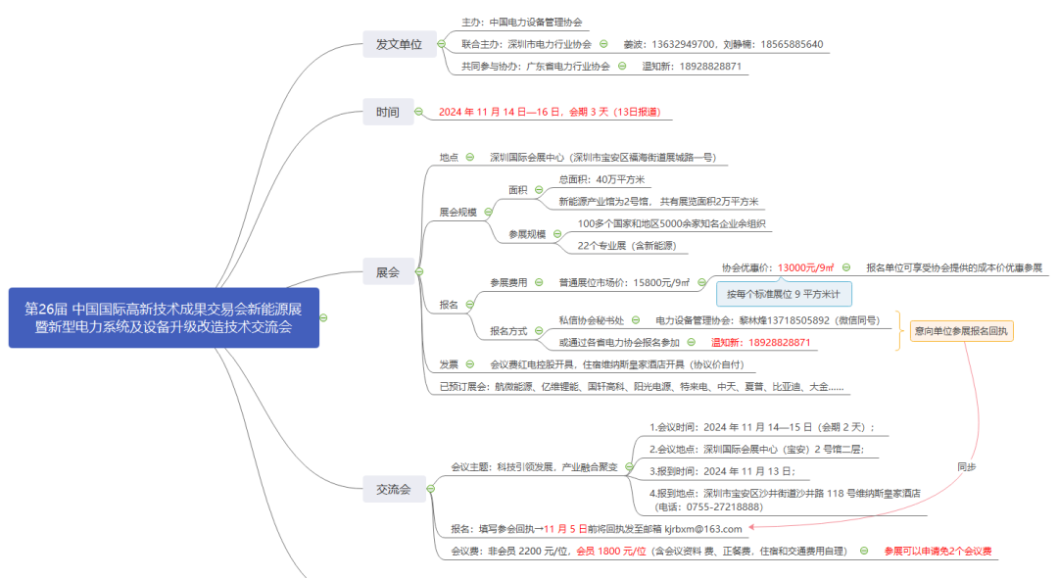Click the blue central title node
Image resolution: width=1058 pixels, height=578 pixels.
point(164,317)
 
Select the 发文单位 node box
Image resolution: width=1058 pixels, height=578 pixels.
point(399,44)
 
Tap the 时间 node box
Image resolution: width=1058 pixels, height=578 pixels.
point(387,112)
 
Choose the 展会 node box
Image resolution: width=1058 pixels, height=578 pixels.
point(387,271)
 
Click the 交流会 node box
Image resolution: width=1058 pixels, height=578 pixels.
point(393,487)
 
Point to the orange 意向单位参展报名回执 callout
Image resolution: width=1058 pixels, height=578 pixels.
point(961,331)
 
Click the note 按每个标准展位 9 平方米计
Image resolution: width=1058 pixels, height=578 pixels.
point(784,293)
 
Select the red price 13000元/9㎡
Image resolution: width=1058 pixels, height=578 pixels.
point(805,267)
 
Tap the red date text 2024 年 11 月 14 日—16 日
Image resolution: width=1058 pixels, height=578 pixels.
point(500,112)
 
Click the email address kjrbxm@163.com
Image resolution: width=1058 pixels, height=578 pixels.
point(703,528)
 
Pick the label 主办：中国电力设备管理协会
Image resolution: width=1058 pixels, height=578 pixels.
point(522,22)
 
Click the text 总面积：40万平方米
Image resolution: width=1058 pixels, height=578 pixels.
point(601,179)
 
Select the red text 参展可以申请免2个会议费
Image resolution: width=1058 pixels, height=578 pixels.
point(938,552)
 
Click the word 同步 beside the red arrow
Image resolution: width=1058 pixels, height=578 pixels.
point(966,467)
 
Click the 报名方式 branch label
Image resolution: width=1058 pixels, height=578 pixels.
point(508,331)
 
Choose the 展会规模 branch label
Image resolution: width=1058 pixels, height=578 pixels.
point(457,212)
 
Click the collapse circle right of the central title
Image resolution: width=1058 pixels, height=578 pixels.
point(323,317)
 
